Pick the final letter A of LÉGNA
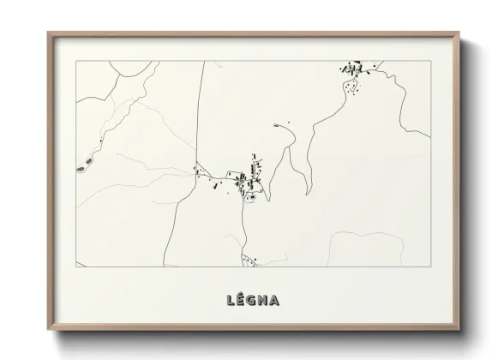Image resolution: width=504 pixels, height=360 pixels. pos(279,300)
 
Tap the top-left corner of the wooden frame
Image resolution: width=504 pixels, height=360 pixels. pos(49,33)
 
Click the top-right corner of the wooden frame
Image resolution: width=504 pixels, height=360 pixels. pos(460,33)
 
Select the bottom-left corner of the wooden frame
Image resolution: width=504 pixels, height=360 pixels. pos(49,328)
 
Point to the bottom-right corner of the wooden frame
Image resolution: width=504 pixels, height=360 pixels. pos(460,328)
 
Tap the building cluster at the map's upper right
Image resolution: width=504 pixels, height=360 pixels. pos(353,68)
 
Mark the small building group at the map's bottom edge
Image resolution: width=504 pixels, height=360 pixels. pos(248,259)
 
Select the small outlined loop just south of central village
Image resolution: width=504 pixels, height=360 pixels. pos(251,198)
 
